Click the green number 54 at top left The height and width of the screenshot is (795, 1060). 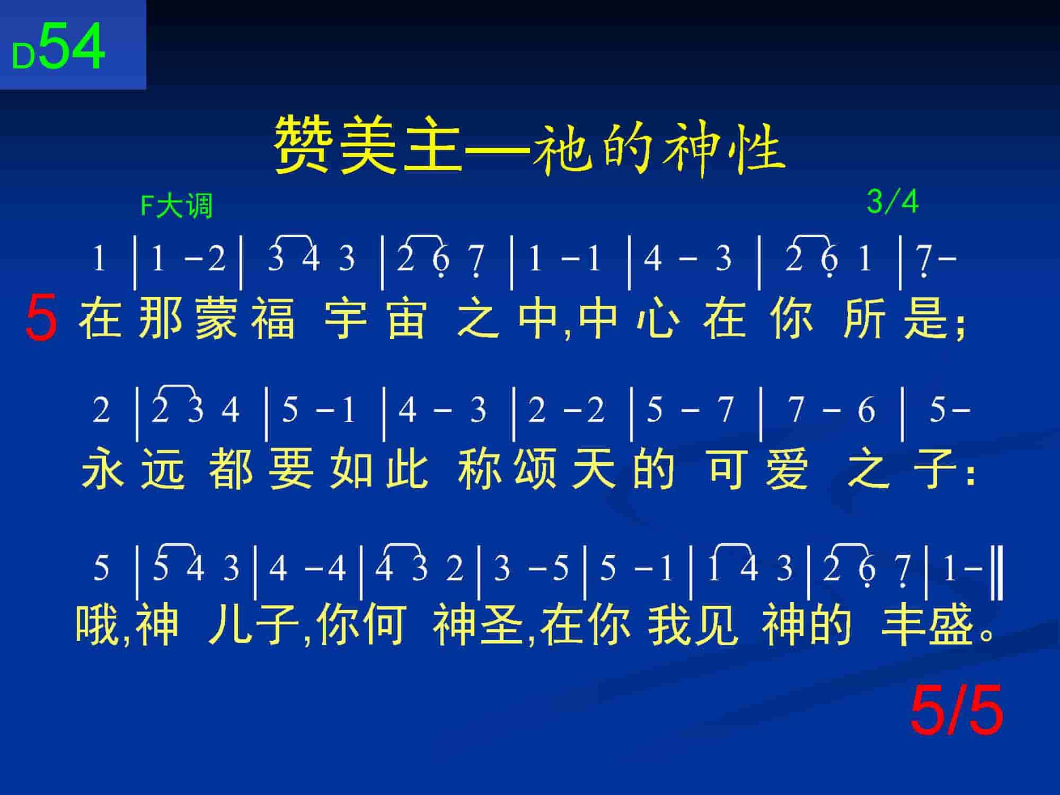tap(72, 47)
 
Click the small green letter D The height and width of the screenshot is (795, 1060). tap(24, 56)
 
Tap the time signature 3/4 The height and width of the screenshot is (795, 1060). tap(893, 201)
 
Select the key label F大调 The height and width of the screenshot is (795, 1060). tap(176, 206)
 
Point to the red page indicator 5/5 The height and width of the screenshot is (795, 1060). tap(957, 710)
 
